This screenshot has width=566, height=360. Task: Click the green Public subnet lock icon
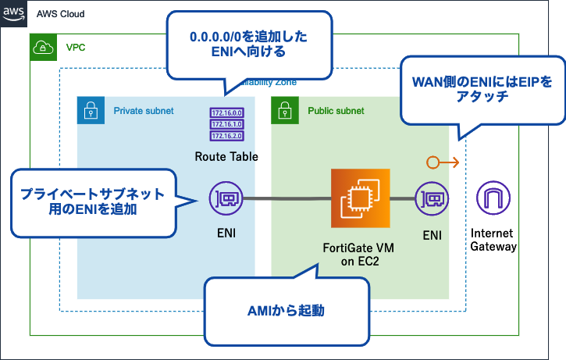tap(284, 111)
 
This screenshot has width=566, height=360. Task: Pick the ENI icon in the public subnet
tap(431, 199)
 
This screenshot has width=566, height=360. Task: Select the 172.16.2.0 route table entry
tap(226, 134)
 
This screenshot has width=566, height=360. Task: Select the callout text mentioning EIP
tap(482, 88)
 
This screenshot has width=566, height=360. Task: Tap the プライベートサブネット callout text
tap(92, 201)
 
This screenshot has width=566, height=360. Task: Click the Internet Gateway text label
tap(493, 240)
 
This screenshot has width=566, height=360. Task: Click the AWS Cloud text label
tap(60, 14)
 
